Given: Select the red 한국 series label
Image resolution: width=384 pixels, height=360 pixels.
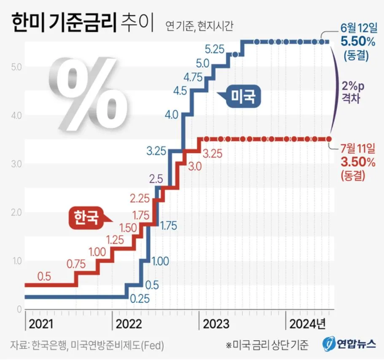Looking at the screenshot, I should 86,217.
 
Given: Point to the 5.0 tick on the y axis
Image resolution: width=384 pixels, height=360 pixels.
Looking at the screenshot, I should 16,67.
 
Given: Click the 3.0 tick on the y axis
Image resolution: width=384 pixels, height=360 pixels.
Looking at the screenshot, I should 16,163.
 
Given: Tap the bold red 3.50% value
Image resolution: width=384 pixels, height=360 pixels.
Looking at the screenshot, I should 356,161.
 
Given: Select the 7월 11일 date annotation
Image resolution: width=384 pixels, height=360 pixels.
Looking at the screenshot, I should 357,149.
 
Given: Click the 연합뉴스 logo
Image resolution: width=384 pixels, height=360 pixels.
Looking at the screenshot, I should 349,344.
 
